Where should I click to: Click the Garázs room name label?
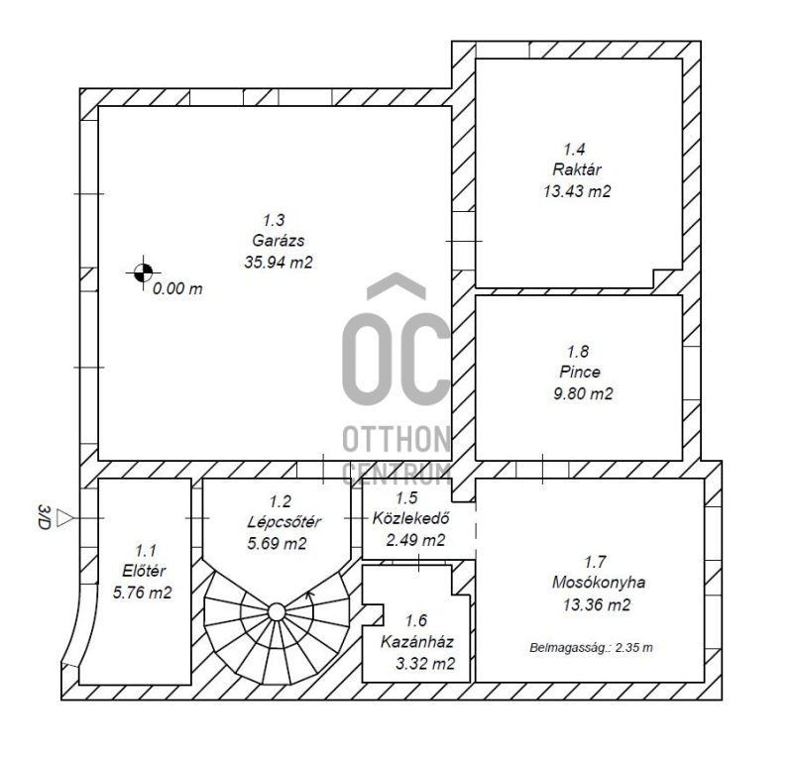click(x=279, y=240)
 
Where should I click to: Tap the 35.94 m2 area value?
click(x=279, y=262)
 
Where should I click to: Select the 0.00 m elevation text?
click(x=177, y=288)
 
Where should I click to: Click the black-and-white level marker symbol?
click(x=144, y=272)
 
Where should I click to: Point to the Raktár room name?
click(x=577, y=169)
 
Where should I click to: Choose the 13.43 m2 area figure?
click(x=577, y=191)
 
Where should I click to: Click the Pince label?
click(x=580, y=372)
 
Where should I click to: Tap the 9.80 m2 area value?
click(x=583, y=393)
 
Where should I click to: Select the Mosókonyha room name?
click(x=599, y=582)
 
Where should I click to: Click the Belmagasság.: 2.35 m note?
click(x=591, y=647)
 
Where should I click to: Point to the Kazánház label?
click(x=416, y=642)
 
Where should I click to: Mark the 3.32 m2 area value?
click(x=425, y=664)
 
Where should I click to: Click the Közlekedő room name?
click(x=410, y=518)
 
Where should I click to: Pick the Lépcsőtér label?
click(x=283, y=521)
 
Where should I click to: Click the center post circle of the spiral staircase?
click(x=277, y=611)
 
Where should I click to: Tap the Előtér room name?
click(x=144, y=571)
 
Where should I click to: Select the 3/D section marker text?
click(x=45, y=517)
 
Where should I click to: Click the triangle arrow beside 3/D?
click(x=64, y=518)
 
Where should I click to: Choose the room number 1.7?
click(x=595, y=561)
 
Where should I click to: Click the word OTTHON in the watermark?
click(x=396, y=439)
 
